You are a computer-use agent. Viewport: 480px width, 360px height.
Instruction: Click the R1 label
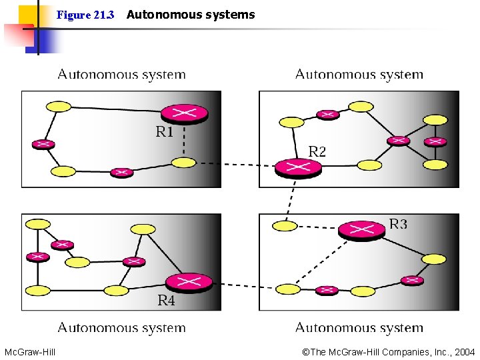(x=164, y=132)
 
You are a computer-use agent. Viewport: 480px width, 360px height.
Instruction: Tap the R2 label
(x=317, y=152)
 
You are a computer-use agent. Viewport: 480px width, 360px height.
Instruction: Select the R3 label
(x=398, y=224)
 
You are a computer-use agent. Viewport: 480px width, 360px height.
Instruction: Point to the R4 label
(x=166, y=301)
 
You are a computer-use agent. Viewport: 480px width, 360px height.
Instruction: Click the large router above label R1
(x=184, y=113)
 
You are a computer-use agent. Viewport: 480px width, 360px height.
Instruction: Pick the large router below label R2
(x=298, y=167)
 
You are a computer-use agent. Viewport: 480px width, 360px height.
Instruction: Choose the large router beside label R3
(x=361, y=230)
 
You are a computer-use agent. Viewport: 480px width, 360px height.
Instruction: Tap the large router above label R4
(x=189, y=283)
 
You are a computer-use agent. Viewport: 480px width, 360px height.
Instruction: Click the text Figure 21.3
(x=85, y=15)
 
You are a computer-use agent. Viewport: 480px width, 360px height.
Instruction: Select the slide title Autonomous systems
(x=190, y=15)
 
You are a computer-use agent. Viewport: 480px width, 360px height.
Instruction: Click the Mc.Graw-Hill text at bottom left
(x=30, y=352)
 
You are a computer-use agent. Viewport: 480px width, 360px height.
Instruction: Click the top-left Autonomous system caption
(x=121, y=75)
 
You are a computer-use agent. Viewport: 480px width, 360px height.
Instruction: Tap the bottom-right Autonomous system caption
(x=359, y=327)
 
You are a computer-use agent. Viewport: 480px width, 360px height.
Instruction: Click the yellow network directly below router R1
(x=183, y=163)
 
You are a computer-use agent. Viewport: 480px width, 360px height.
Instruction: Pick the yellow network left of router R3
(x=285, y=226)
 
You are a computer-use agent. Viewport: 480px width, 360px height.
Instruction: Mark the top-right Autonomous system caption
(x=359, y=75)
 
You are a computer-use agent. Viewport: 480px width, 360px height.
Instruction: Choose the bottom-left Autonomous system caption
(x=121, y=327)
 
